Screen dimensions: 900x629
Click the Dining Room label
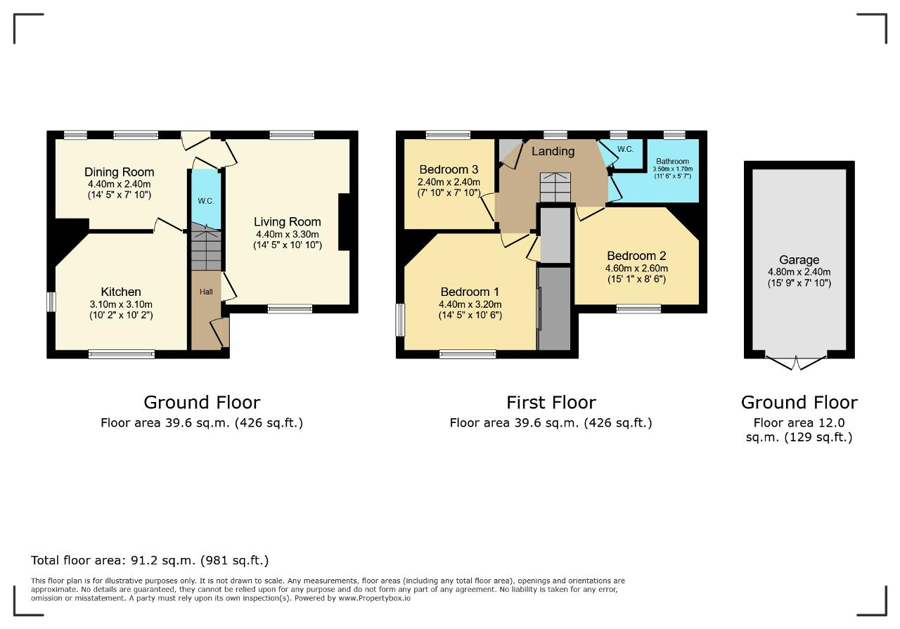coord(119,172)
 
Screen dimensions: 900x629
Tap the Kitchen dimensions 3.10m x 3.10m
coord(121,304)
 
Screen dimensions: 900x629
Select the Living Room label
coord(288,221)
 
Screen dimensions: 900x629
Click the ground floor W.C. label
coord(206,201)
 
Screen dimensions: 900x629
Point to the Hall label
coord(206,292)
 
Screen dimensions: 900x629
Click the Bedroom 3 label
coord(449,169)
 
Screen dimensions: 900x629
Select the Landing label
coord(553,151)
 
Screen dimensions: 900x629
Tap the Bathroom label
coord(673,161)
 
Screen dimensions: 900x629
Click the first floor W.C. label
coord(625,150)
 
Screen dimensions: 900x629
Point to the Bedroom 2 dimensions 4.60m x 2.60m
coord(637,268)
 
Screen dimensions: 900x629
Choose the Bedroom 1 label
coord(470,292)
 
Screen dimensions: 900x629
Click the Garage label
coord(799,260)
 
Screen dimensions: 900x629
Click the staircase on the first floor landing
coord(555,187)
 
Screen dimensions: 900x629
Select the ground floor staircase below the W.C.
coord(206,246)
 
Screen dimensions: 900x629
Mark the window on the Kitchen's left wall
coord(51,301)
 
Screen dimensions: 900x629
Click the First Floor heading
coord(551,403)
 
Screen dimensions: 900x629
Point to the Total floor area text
coord(150,560)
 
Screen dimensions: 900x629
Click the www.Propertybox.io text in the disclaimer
coord(375,598)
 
